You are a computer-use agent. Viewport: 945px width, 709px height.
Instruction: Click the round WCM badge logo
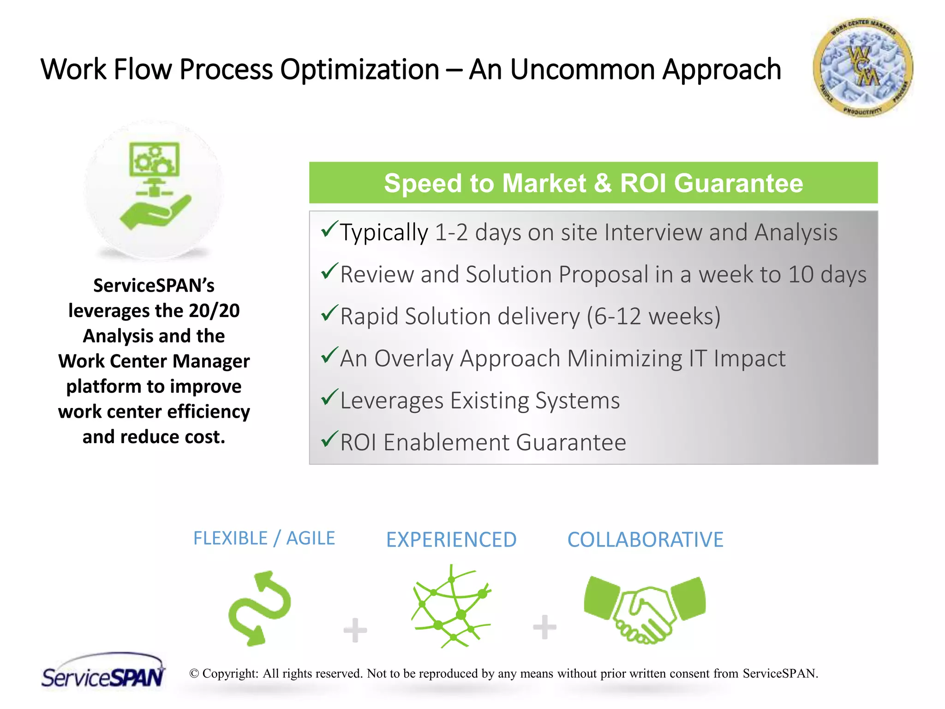[862, 67]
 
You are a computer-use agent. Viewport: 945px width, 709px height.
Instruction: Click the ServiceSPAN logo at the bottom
[103, 672]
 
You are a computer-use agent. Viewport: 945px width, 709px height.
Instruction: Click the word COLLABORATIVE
[645, 540]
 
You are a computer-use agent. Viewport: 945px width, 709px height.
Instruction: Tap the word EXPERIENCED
[451, 540]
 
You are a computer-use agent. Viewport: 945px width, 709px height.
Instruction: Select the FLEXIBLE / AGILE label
[264, 538]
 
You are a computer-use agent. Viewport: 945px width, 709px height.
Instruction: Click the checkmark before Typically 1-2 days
[329, 229]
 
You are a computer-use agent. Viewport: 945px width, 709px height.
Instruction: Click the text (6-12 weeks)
[653, 317]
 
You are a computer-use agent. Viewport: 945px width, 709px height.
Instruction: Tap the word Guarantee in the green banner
[738, 183]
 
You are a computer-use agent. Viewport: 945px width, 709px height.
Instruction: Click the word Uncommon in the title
[582, 70]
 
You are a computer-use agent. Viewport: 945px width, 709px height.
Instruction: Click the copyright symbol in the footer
[194, 673]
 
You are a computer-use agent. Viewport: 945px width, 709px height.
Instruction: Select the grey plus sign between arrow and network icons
[355, 630]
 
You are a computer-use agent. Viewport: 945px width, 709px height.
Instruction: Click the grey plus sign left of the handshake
[544, 627]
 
